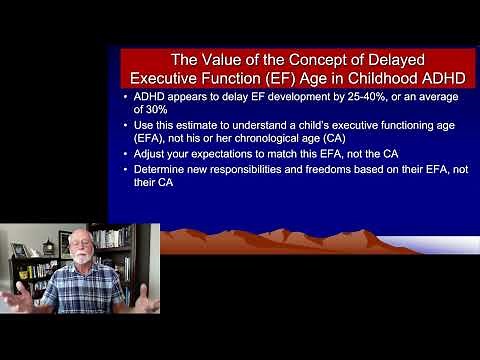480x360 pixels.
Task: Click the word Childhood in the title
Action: pyautogui.click(x=405, y=78)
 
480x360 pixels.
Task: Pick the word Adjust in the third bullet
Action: pyautogui.click(x=150, y=154)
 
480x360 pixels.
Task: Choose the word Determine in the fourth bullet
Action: pyautogui.click(x=161, y=170)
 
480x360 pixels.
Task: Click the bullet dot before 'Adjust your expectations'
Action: pyautogui.click(x=125, y=154)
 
